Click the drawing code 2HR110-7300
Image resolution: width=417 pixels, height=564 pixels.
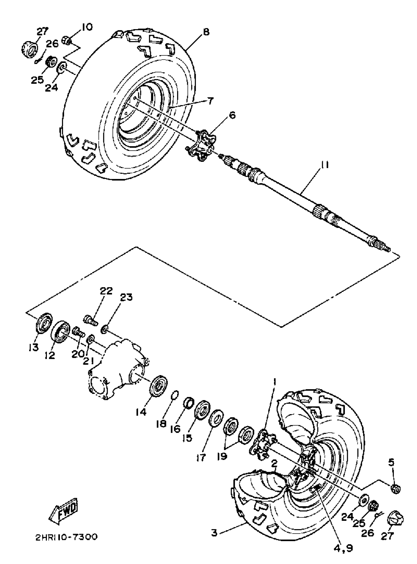coord(66,537)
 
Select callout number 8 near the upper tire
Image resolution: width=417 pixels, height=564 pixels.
coord(206,32)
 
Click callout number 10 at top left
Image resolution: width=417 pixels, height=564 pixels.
coord(87,27)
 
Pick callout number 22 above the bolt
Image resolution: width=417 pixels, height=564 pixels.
coord(106,291)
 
